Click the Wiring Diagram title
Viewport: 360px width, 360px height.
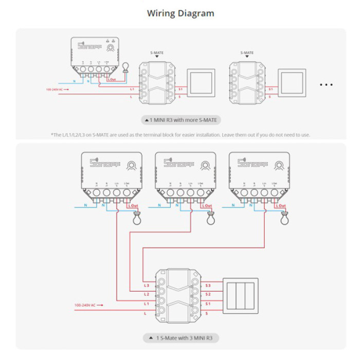point(181,13)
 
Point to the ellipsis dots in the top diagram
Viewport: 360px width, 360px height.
point(327,84)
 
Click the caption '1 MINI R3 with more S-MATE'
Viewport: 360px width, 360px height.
point(181,120)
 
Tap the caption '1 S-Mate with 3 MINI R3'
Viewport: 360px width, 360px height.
point(181,338)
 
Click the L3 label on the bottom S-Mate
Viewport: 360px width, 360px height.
point(147,285)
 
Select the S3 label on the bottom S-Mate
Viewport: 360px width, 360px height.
point(208,285)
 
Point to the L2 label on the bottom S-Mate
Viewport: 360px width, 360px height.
point(147,294)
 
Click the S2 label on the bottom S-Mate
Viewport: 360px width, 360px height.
point(208,294)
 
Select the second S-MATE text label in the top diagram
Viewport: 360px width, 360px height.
point(247,52)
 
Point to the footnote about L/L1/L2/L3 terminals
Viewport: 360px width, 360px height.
point(181,135)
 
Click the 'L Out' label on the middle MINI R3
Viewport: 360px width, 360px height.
point(207,206)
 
